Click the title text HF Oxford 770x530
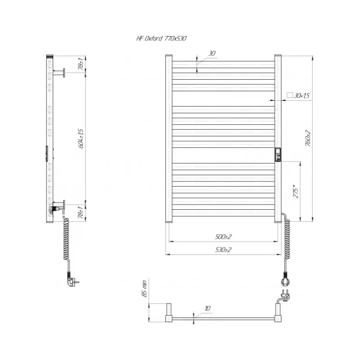click(x=161, y=38)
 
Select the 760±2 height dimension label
click(x=308, y=138)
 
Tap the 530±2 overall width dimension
click(x=223, y=250)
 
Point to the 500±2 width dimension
click(x=223, y=237)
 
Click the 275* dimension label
click(x=296, y=191)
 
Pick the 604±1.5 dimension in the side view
click(x=81, y=139)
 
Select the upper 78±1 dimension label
click(x=81, y=63)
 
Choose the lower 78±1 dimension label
click(x=81, y=212)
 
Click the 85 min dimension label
click(x=144, y=288)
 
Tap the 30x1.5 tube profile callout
click(x=301, y=95)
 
